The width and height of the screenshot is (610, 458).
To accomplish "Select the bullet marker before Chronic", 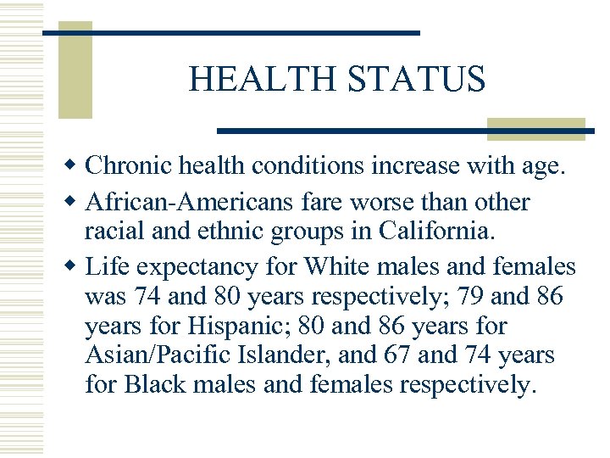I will coord(74,165).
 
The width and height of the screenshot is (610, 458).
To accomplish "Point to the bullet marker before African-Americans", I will coord(74,203).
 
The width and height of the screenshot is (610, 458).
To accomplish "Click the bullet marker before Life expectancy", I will coord(74,267).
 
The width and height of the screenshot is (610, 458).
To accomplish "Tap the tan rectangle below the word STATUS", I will coord(535,128).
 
